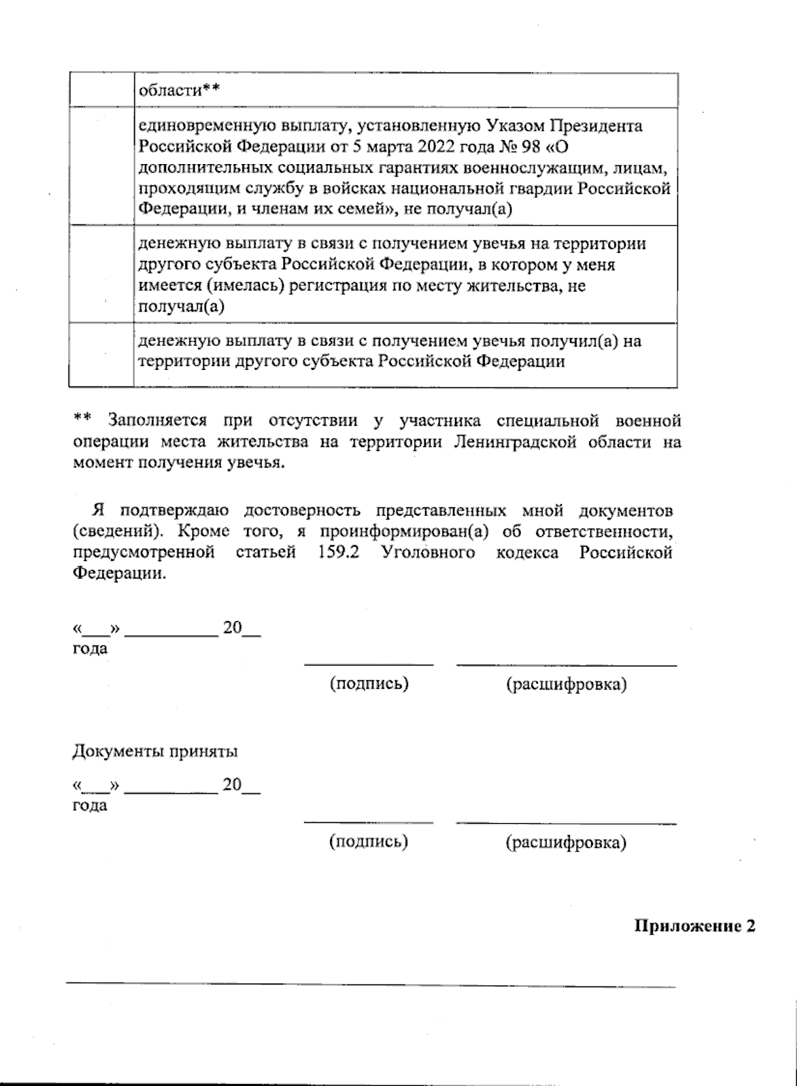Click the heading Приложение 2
point(695,926)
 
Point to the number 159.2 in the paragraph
point(339,553)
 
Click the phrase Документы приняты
point(155,752)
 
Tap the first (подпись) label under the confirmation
point(369,683)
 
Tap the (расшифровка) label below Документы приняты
point(566,843)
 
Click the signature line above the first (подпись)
point(369,664)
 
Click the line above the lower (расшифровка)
point(566,824)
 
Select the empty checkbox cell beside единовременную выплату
point(102,166)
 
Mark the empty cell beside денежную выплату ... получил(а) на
point(102,354)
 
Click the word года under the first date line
point(90,649)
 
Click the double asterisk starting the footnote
point(82,420)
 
